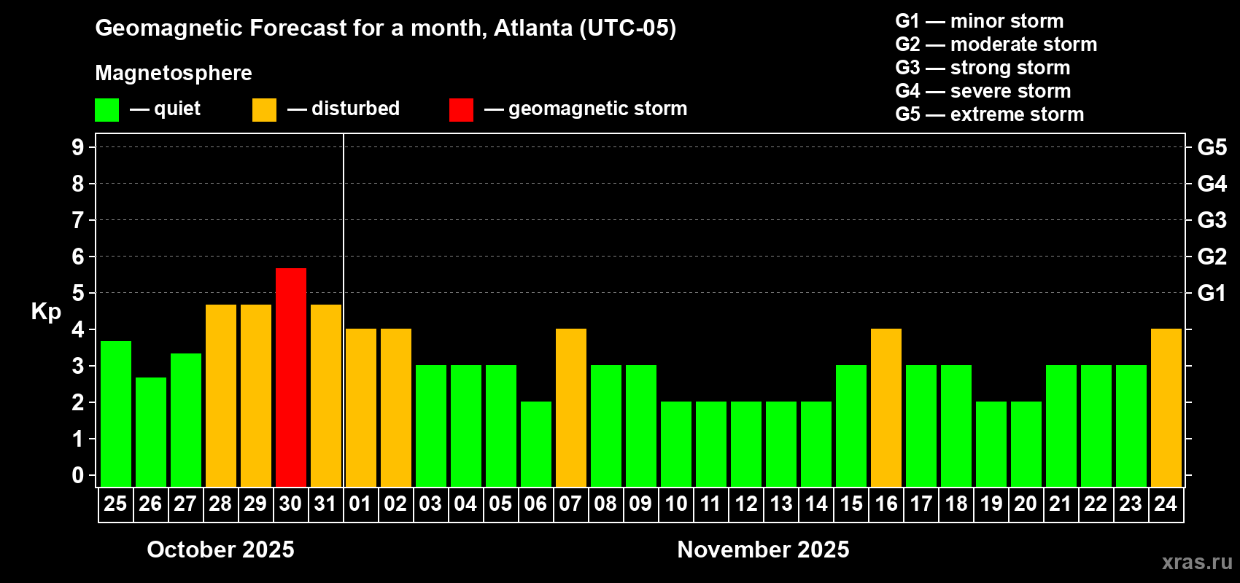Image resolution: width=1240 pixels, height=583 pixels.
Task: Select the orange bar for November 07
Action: (x=570, y=407)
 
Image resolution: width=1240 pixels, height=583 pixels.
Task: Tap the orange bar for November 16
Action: (x=886, y=407)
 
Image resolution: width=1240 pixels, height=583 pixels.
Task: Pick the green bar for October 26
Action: (x=150, y=431)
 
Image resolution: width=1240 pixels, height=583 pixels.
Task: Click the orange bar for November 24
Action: (x=1166, y=407)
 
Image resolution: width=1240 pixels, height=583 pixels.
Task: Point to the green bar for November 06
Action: (x=535, y=444)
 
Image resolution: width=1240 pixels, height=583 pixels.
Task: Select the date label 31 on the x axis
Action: (x=325, y=504)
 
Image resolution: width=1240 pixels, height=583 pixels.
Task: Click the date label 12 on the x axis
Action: (x=745, y=504)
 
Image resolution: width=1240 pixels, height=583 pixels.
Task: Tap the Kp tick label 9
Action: (x=78, y=147)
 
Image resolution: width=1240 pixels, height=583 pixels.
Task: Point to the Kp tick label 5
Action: (x=78, y=293)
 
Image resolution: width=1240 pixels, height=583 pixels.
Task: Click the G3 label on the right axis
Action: (x=1212, y=220)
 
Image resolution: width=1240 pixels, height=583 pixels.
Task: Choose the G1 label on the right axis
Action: (x=1212, y=293)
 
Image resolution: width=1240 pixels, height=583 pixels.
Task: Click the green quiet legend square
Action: (x=106, y=110)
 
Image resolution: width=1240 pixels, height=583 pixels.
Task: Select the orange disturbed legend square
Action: (x=264, y=110)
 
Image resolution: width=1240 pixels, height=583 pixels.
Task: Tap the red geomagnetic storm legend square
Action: (x=461, y=110)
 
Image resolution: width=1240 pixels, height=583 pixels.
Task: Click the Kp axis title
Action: (x=46, y=311)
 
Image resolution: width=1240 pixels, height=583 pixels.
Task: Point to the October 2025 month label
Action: (x=220, y=549)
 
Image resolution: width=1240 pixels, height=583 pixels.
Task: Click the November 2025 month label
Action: (x=763, y=549)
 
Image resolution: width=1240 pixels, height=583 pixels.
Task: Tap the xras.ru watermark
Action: (x=1196, y=562)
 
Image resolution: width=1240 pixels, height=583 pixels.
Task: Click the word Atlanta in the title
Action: (x=533, y=28)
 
